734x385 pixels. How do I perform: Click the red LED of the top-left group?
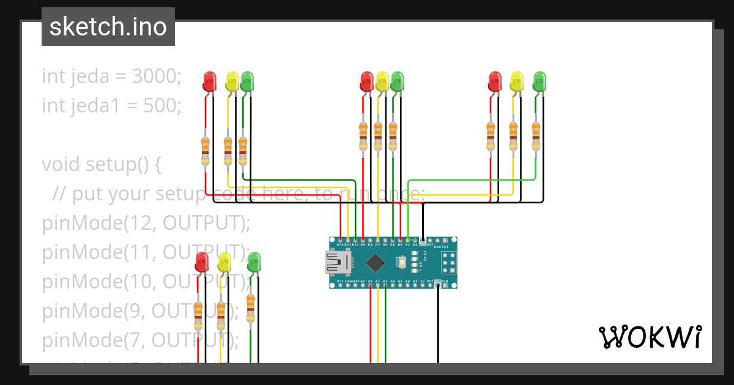210,81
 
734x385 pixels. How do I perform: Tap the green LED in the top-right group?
539,81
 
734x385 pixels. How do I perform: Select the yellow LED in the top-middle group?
382,81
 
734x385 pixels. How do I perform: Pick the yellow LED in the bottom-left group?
224,262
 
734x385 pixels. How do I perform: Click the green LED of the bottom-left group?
253,262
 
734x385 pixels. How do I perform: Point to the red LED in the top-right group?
495,81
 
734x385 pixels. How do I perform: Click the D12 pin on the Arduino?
341,240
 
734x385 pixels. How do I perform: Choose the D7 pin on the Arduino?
378,240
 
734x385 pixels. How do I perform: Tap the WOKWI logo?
649,337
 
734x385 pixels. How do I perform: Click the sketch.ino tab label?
108,27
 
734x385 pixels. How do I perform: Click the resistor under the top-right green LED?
536,136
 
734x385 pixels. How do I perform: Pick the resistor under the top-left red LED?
206,151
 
